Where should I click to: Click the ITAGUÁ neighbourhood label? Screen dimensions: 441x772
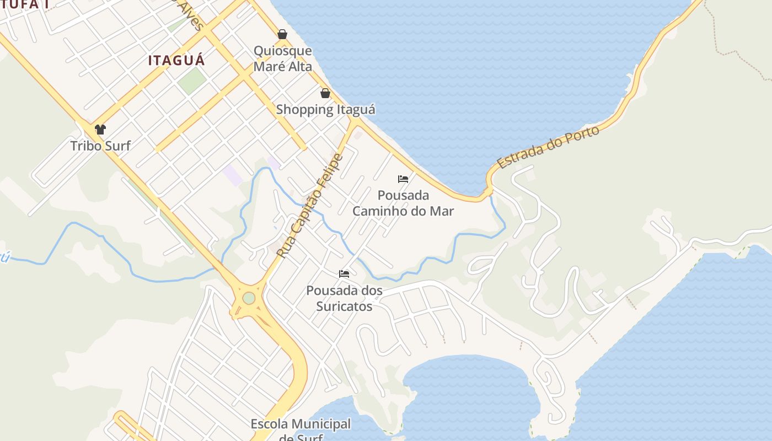176,60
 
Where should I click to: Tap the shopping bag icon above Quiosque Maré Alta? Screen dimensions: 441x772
282,35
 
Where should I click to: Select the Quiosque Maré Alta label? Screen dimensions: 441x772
282,58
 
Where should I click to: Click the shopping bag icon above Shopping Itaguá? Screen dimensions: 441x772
325,93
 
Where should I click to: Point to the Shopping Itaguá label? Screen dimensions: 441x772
325,109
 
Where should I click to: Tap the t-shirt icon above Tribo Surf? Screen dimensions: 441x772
100,130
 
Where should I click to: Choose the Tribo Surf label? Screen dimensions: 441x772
100,146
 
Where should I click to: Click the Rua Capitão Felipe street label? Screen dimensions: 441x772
310,206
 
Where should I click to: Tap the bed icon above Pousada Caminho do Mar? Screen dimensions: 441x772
403,179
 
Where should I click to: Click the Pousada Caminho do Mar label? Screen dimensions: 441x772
403,203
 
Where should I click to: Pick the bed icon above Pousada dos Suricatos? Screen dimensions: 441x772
345,274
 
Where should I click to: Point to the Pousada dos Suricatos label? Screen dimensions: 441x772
345,298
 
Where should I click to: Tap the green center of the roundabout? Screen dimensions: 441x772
249,298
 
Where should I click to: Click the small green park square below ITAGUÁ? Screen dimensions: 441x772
191,80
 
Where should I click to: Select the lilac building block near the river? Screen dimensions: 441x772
232,175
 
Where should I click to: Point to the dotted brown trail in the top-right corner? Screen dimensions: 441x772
739,55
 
